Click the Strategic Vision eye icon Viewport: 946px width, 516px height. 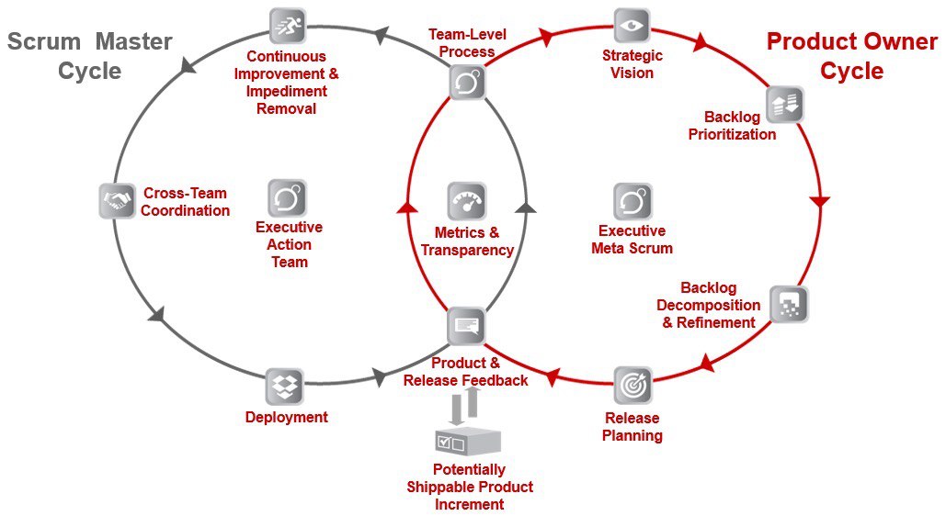[632, 26]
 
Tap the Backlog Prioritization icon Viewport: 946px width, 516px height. [785, 105]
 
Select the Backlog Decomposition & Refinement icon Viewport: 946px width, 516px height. [789, 304]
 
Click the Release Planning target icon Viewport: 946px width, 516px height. [633, 385]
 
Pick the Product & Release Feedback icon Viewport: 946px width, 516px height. [466, 326]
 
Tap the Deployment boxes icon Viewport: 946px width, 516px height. [285, 387]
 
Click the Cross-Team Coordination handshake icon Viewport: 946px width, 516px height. [117, 201]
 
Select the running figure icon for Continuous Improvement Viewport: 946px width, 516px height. [287, 26]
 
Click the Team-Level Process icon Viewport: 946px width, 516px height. [468, 82]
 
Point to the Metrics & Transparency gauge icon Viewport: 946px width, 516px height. [467, 201]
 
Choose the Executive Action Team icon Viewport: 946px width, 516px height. [287, 197]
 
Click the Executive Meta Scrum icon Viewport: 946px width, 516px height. [633, 201]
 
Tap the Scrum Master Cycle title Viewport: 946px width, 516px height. [90, 56]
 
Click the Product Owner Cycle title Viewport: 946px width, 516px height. [852, 56]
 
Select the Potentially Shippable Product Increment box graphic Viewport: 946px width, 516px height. [468, 442]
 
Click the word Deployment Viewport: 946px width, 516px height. [287, 417]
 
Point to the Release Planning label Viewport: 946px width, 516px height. [633, 427]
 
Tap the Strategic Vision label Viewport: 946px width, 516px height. [633, 64]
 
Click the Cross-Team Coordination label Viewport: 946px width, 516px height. [185, 202]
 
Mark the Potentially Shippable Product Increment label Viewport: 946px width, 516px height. [470, 487]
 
